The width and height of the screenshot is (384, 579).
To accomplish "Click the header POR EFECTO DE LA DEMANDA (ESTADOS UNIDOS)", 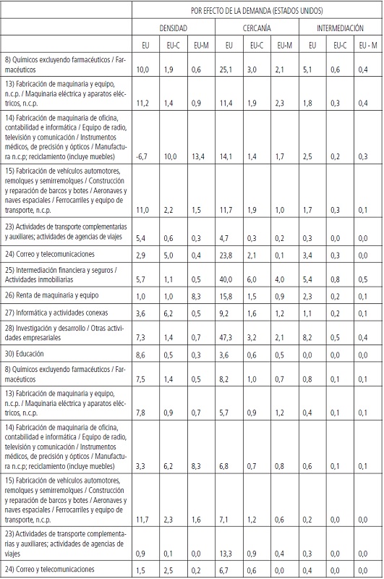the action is pyautogui.click(x=257, y=11).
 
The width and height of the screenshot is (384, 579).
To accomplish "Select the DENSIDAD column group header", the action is pyautogui.click(x=174, y=28).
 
